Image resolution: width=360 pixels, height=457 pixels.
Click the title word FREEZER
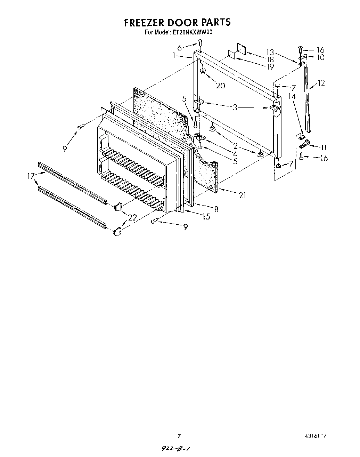click(x=144, y=23)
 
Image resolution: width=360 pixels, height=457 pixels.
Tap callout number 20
click(x=220, y=86)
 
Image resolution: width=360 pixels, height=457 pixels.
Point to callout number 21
click(x=242, y=195)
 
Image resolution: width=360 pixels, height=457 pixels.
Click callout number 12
click(x=321, y=83)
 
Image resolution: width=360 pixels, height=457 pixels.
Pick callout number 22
click(x=132, y=217)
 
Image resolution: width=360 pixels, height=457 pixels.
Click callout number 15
click(x=206, y=216)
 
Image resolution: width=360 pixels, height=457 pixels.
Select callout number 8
click(x=216, y=209)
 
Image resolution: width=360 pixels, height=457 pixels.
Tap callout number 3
click(x=235, y=107)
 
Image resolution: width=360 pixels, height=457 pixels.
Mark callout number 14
click(x=292, y=96)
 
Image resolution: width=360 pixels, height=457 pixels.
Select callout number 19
click(x=270, y=67)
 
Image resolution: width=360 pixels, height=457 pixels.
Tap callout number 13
click(x=270, y=53)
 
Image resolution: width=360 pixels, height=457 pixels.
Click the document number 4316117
click(x=316, y=436)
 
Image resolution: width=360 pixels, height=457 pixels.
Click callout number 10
click(x=320, y=57)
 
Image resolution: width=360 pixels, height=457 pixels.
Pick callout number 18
click(x=270, y=60)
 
